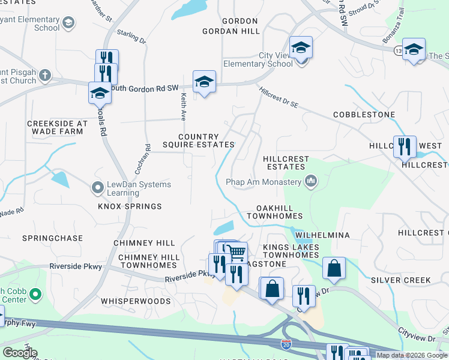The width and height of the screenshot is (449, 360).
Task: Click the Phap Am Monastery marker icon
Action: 311,181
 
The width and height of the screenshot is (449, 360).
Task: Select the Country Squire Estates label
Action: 198,140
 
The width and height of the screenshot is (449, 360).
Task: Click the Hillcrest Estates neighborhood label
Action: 286,163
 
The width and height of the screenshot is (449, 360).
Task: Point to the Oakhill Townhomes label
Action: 274,211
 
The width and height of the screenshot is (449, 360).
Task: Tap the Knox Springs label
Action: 130,206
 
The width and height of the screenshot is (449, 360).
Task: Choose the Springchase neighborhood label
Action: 52,238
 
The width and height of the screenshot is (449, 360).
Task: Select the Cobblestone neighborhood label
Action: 364,115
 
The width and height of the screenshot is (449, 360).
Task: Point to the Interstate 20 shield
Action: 286,344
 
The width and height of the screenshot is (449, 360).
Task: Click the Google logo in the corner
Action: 20,353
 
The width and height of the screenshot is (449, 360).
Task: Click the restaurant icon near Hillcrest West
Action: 404,146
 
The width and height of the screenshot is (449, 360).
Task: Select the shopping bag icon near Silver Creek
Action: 334,268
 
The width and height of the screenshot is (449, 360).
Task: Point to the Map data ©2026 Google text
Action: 412,355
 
